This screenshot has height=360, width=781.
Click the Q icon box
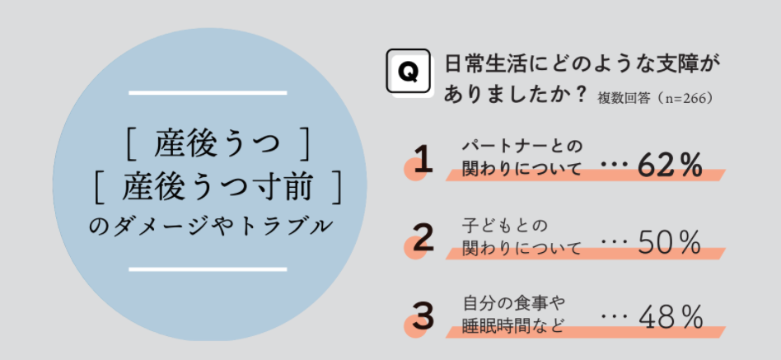408,72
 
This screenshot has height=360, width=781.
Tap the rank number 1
423,161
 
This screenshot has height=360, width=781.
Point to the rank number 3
423,316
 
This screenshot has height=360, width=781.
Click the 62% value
669,166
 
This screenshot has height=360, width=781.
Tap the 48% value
669,317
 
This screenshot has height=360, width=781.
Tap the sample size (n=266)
685,98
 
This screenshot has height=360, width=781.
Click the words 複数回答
629,98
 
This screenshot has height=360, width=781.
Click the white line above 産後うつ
208,93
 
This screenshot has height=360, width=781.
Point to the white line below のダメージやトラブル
208,269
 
